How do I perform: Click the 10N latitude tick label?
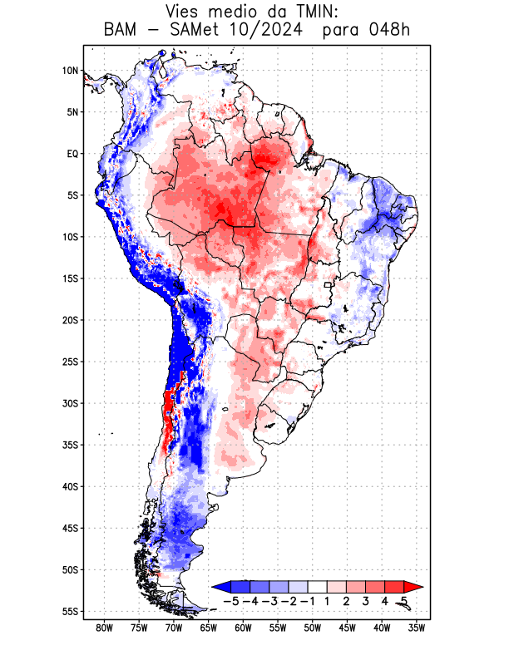pyautogui.click(x=70, y=71)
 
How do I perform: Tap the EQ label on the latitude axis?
pyautogui.click(x=72, y=154)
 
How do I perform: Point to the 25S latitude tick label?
pyautogui.click(x=70, y=362)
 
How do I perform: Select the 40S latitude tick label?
pyautogui.click(x=70, y=486)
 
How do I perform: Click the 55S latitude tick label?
pyautogui.click(x=70, y=611)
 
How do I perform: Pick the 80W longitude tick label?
pyautogui.click(x=105, y=628)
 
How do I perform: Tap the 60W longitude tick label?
pyautogui.click(x=244, y=628)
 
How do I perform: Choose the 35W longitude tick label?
pyautogui.click(x=418, y=628)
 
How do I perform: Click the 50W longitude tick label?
pyautogui.click(x=313, y=628)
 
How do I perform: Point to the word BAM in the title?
pyautogui.click(x=121, y=32)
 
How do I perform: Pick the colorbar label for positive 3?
pyautogui.click(x=365, y=601)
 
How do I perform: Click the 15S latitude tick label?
pyautogui.click(x=70, y=278)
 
